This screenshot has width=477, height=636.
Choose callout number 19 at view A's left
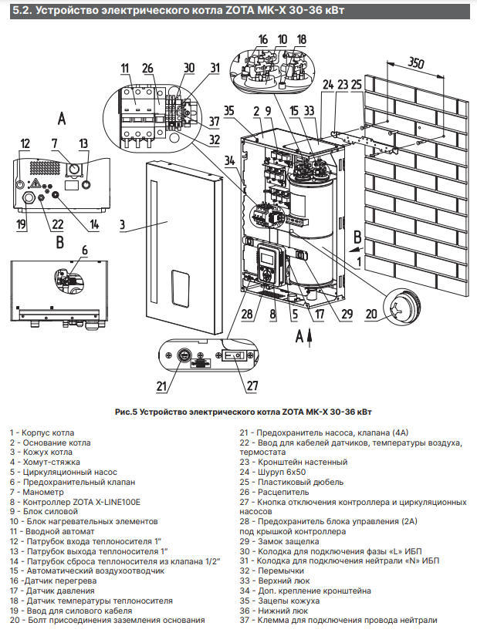point(22,224)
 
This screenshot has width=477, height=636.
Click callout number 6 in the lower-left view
point(84,248)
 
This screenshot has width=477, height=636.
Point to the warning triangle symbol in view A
point(35,183)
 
